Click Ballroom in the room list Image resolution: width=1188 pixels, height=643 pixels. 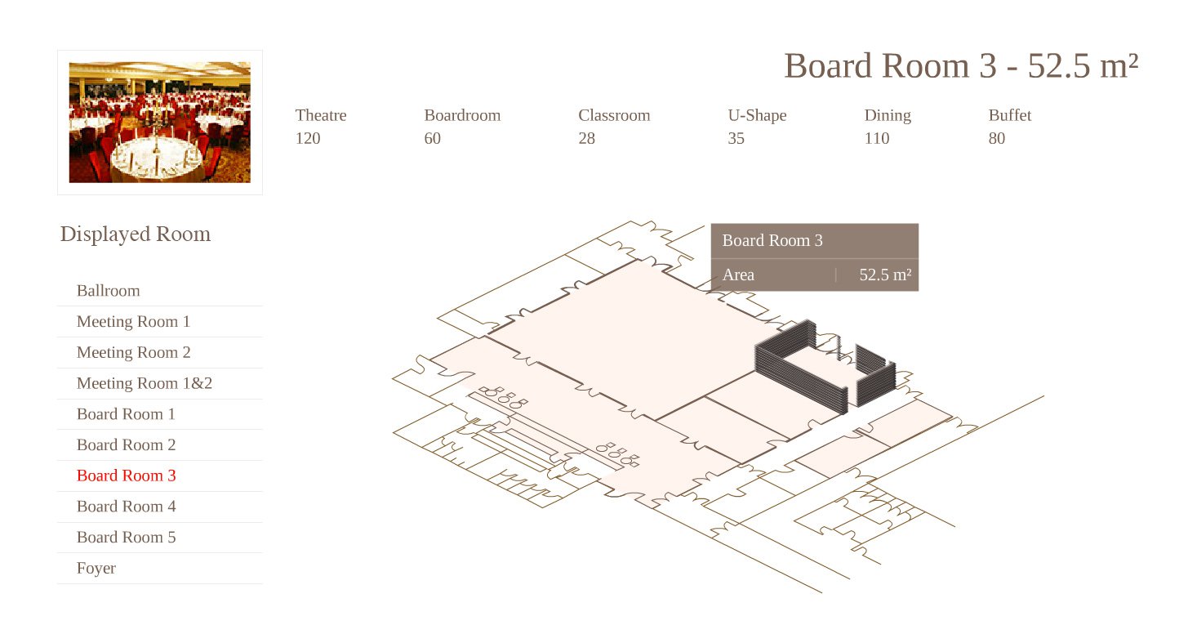[109, 291]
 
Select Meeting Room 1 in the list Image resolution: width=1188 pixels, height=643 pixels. [133, 322]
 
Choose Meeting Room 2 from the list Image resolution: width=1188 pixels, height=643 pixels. [133, 352]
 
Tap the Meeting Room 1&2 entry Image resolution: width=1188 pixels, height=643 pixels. [145, 383]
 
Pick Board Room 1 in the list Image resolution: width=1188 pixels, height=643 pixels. [126, 413]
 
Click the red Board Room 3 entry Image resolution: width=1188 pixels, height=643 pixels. [126, 476]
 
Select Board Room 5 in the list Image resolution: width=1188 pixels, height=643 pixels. [126, 537]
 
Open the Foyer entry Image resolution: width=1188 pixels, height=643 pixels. [96, 568]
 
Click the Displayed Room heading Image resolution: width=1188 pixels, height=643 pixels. [136, 234]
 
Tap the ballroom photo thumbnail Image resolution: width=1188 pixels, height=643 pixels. [160, 123]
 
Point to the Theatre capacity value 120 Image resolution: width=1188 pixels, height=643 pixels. [308, 138]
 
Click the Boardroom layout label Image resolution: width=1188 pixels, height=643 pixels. [462, 115]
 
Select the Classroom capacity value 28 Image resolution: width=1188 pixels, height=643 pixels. [586, 138]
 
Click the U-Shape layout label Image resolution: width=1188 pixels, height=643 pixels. [757, 116]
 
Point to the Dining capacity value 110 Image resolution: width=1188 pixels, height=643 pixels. [877, 138]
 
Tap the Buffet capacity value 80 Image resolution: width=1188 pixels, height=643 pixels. [997, 138]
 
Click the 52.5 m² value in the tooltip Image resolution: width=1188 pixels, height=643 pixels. [885, 275]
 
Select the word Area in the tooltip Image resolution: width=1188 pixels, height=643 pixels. [738, 275]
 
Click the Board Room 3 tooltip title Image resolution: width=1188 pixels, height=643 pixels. [772, 240]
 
